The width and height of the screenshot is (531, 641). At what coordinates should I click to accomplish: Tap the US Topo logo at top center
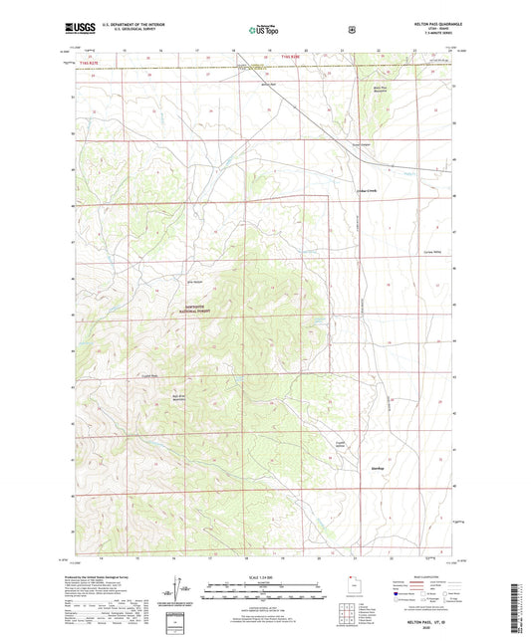tap(263, 31)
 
